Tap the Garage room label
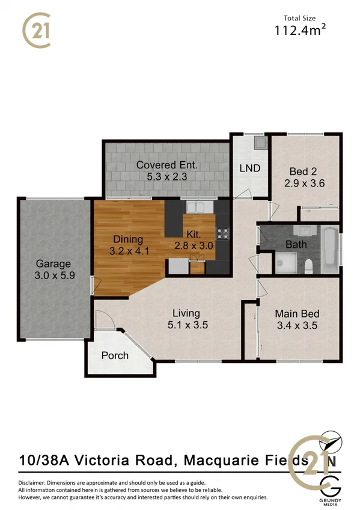pos(53,263)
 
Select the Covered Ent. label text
pos(166,165)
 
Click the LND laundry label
pos(249,168)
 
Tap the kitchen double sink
pos(195,207)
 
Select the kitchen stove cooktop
pos(222,233)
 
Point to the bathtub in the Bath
pos(330,250)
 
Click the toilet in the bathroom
pos(307,266)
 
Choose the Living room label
pos(186,313)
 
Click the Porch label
pos(115,355)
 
